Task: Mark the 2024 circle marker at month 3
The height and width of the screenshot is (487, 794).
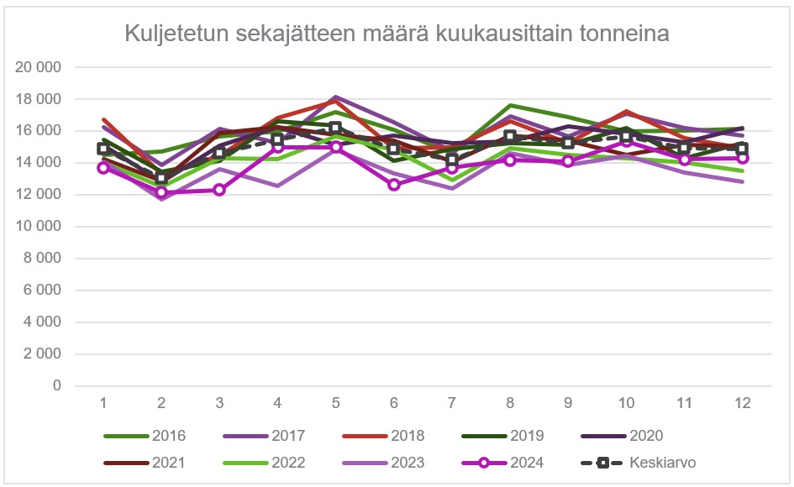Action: point(219,190)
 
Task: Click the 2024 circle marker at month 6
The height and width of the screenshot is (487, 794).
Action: point(393,185)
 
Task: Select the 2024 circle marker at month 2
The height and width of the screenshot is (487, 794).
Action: point(161,192)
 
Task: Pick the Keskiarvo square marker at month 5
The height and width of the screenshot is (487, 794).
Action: point(335,128)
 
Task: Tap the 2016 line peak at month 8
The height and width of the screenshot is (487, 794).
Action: point(510,105)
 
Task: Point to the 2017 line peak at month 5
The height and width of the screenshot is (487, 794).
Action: point(335,97)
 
